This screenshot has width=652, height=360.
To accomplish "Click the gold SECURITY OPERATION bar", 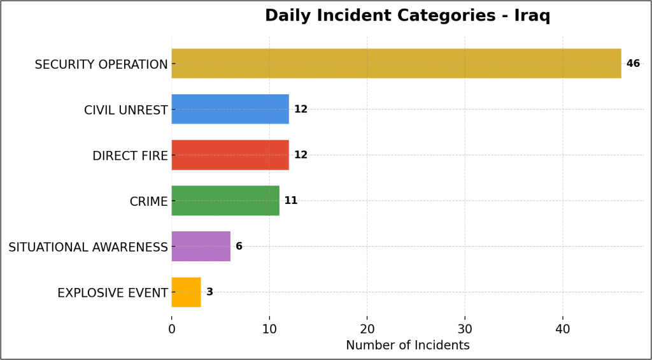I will click(396, 64).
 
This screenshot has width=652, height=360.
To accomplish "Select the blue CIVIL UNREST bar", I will click(230, 109).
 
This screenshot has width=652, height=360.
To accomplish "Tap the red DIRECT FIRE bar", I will click(230, 155).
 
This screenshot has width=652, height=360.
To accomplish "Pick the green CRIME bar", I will click(225, 201).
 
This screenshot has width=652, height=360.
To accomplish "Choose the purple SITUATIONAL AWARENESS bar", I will click(201, 246).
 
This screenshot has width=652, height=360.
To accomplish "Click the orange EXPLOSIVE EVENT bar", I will click(186, 292).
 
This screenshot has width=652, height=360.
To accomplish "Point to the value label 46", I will click(633, 64).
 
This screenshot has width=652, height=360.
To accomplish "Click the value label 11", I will click(291, 201).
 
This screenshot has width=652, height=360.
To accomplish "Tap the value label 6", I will click(239, 247).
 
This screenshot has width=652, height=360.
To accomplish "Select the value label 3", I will click(209, 292).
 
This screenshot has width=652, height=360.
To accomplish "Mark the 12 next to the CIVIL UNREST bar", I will click(301, 110).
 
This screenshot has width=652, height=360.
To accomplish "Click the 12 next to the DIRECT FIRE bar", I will click(301, 155).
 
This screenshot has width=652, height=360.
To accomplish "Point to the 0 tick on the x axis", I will click(172, 329).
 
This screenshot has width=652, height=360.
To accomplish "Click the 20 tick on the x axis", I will click(367, 329).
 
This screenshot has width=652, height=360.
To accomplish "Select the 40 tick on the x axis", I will click(563, 329).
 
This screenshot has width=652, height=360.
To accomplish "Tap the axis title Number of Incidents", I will click(407, 346).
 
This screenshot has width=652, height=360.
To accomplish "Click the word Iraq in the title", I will click(532, 16).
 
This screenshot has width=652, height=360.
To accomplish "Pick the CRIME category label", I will click(148, 202).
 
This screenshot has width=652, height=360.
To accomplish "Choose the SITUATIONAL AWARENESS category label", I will click(88, 247).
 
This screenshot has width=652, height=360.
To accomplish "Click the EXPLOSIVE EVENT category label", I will click(112, 293).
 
